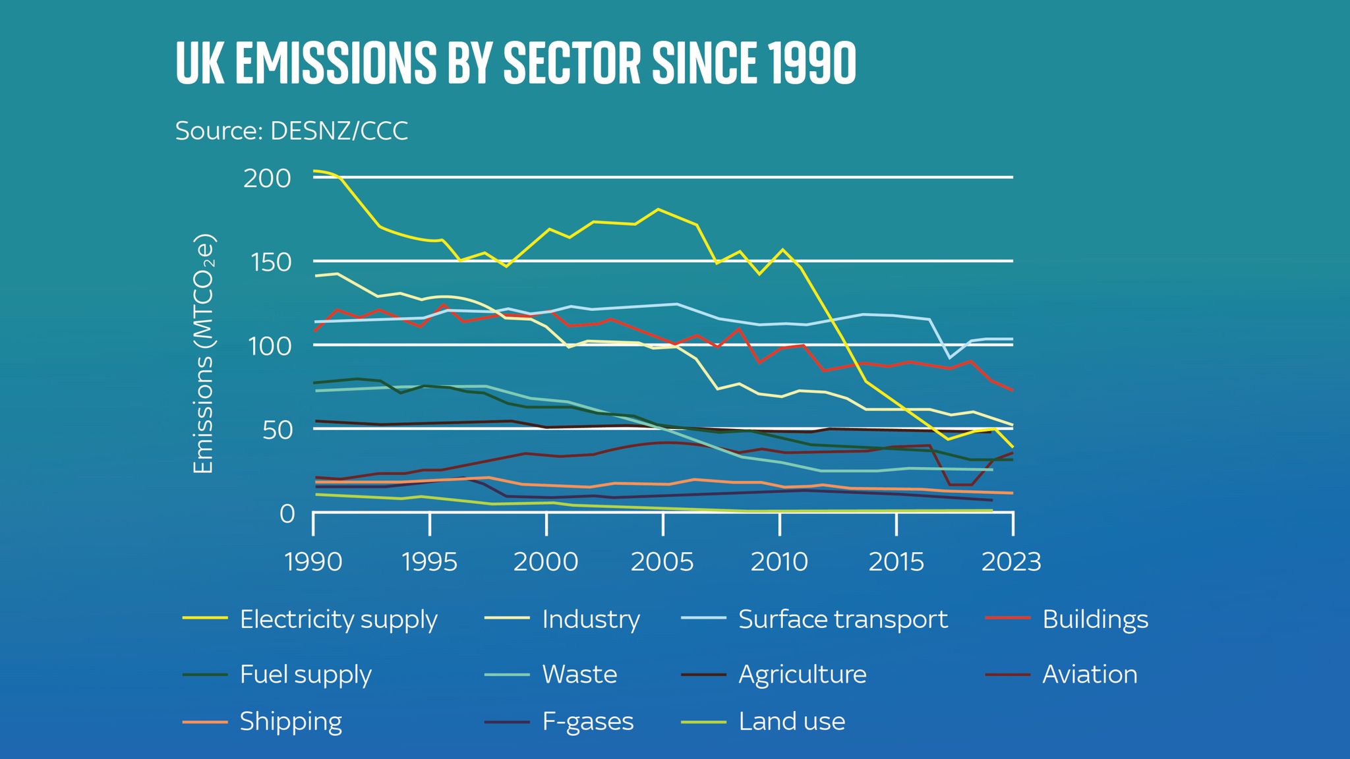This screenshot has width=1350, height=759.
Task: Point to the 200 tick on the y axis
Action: coord(267,178)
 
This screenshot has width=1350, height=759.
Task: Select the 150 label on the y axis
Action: coord(267,262)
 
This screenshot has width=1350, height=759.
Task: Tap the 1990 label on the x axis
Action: coord(313,562)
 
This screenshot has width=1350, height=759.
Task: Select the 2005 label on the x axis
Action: coord(662,562)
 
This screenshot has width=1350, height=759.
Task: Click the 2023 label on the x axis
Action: coord(1011,562)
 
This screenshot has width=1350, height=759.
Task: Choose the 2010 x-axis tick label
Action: coord(779,562)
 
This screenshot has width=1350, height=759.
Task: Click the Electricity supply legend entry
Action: coord(338,619)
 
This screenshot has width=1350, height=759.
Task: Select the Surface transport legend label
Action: coord(842,619)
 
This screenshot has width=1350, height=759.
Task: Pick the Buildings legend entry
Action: coord(1095,619)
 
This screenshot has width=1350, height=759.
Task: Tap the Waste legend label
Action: coord(579,674)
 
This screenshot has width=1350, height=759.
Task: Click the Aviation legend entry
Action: coord(1090,674)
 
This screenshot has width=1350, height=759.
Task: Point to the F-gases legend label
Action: coord(587,721)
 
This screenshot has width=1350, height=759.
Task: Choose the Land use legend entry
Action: coord(792,721)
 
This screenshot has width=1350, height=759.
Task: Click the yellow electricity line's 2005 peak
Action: coord(658,209)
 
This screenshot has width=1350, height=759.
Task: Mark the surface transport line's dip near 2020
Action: coord(949,358)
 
